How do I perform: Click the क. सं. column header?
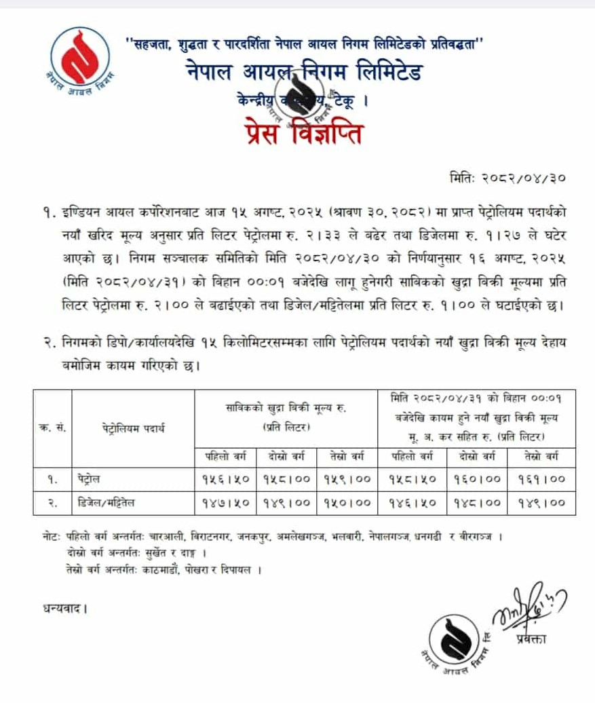52,428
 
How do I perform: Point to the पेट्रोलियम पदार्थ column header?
134,428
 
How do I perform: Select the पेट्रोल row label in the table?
88,478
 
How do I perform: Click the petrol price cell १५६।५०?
226,478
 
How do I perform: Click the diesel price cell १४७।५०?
226,502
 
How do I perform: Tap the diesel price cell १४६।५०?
412,502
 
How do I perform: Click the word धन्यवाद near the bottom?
64,608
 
